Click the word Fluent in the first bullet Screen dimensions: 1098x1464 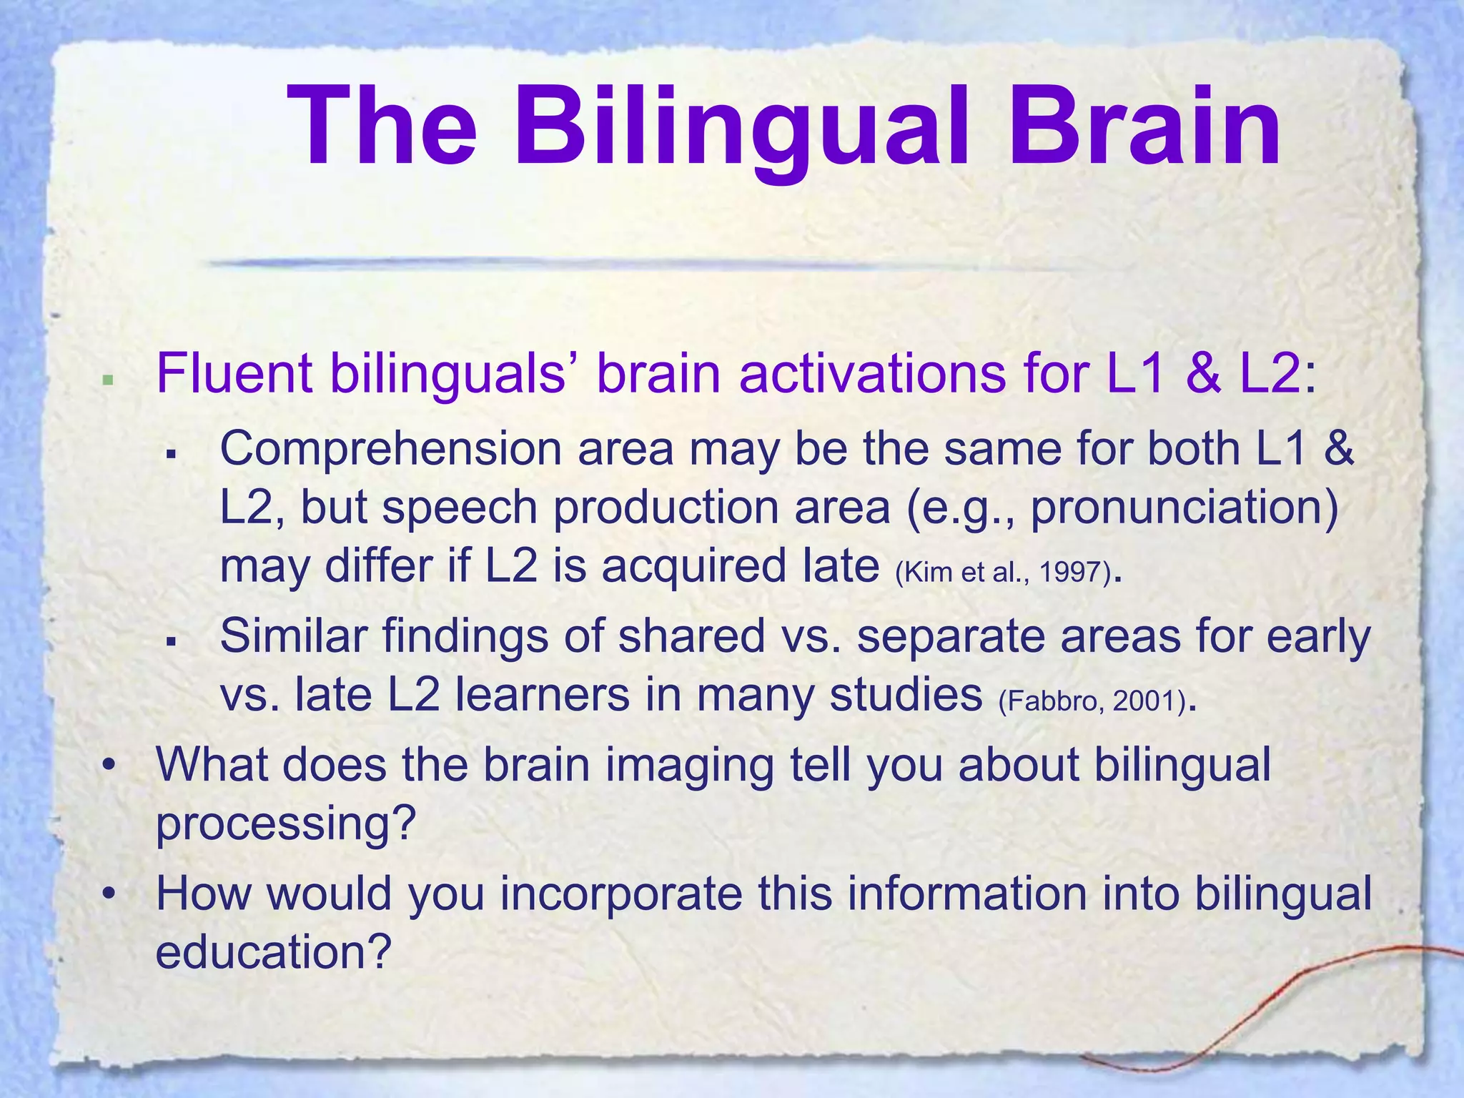[x=234, y=374]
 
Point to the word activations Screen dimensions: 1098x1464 [x=872, y=374]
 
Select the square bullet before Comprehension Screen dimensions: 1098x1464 [x=171, y=455]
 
